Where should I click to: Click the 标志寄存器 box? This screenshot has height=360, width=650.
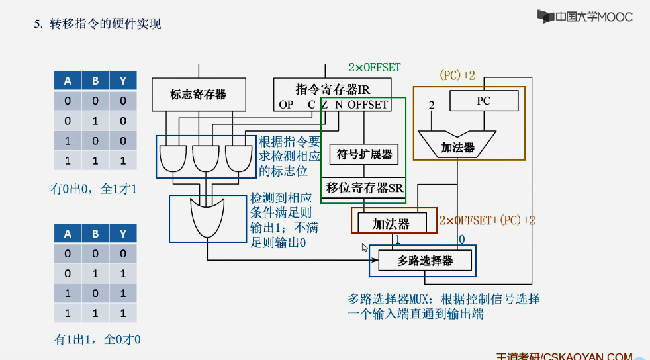point(198,94)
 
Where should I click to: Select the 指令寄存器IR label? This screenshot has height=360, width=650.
point(332,89)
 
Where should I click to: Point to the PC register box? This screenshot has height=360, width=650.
point(483,101)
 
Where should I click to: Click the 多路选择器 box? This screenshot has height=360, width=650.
point(425,261)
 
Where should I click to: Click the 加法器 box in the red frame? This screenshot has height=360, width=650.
point(391,224)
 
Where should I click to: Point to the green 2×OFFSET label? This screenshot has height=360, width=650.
point(374,67)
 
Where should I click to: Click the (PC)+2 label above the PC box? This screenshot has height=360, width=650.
point(457,75)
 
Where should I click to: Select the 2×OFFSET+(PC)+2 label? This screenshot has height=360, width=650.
point(487,220)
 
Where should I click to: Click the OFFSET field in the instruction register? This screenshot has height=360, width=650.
point(367,105)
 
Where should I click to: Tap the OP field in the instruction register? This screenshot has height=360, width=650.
point(286,105)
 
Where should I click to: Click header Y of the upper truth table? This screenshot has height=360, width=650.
point(123,81)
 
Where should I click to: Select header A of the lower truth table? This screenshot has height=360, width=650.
point(68,234)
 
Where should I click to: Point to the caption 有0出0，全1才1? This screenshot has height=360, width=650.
point(95,189)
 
